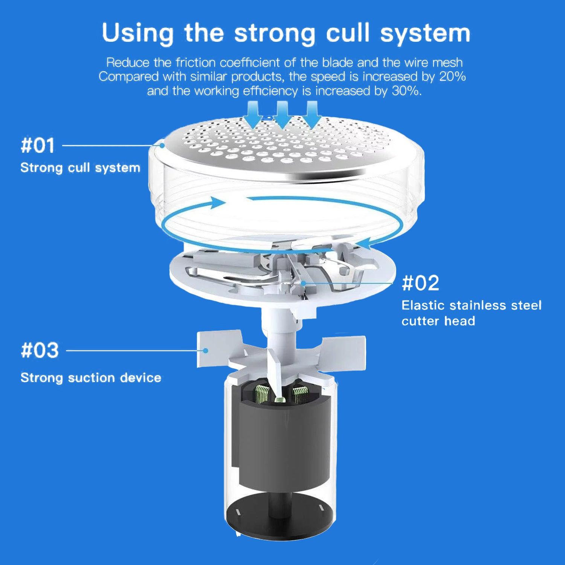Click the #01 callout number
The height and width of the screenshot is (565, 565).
(x=38, y=145)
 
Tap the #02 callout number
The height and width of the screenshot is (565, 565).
(x=420, y=283)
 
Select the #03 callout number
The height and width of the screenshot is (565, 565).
(x=40, y=350)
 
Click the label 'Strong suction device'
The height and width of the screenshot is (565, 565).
(x=91, y=377)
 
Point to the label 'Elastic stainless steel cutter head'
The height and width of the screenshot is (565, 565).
(x=471, y=313)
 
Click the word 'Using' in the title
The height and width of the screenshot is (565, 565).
(x=137, y=33)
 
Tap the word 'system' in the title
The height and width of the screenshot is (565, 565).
(x=425, y=33)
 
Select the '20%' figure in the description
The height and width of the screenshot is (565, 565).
(x=452, y=76)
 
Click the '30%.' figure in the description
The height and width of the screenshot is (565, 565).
(x=406, y=91)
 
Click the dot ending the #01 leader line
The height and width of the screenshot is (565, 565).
(x=162, y=145)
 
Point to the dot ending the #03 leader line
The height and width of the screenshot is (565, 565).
(x=205, y=350)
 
